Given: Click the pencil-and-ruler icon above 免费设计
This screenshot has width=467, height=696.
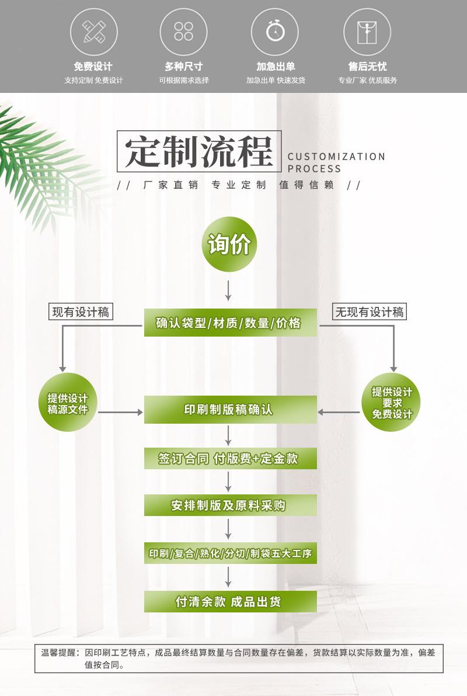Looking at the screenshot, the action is click(x=94, y=32).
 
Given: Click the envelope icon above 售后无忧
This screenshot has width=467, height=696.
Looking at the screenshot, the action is click(x=367, y=32).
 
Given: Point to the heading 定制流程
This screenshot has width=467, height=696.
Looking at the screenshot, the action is click(x=199, y=151).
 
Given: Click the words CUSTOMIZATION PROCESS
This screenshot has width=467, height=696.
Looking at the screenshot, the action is click(x=336, y=162).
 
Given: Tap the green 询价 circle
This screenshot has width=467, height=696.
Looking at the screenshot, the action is click(x=229, y=244).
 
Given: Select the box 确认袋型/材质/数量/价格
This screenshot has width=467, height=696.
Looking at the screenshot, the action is click(x=230, y=323).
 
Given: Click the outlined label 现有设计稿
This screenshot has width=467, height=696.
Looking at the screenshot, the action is click(x=81, y=311).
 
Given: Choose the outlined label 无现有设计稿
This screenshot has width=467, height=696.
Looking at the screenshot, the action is click(x=370, y=311).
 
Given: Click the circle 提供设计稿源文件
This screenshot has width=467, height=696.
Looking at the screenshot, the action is click(x=68, y=403).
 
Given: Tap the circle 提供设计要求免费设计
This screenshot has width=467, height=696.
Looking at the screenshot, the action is click(x=391, y=403).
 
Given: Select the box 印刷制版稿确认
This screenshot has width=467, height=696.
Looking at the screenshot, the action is click(x=230, y=409).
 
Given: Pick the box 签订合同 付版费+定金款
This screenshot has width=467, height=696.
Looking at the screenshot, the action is click(x=230, y=459).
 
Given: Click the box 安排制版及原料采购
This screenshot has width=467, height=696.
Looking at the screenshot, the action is click(x=230, y=505).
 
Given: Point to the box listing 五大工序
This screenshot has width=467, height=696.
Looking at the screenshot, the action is click(x=230, y=553).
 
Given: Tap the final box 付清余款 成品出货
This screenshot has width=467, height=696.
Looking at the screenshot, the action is click(x=230, y=601).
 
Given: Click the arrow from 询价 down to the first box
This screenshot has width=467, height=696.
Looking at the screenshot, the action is click(x=228, y=290).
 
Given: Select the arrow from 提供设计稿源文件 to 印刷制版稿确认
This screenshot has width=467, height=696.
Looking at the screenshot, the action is click(x=121, y=413).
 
